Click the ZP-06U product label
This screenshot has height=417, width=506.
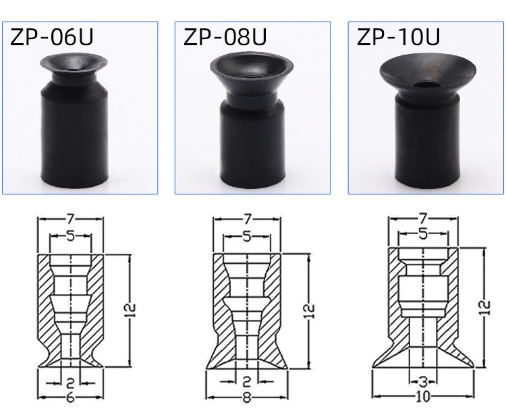52,37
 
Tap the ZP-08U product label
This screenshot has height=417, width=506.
225,37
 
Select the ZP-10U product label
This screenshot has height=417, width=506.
398,37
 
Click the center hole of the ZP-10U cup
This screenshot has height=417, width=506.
426,85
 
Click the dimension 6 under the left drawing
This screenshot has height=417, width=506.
70,397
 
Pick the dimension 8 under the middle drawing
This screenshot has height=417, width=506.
246,397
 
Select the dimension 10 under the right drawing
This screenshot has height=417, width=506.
423,396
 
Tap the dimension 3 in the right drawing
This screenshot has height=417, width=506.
423,383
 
